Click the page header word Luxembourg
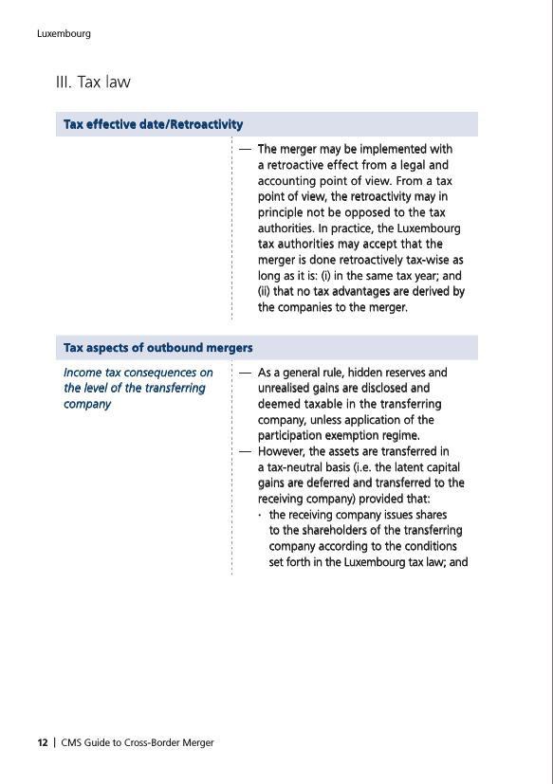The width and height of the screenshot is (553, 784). click(x=64, y=33)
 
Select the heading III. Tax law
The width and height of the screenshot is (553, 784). click(x=93, y=82)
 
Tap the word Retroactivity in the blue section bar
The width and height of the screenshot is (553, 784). click(x=204, y=124)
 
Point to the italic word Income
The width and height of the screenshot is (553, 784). click(x=83, y=373)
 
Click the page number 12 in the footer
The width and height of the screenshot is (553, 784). click(x=43, y=742)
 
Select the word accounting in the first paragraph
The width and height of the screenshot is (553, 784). click(x=286, y=180)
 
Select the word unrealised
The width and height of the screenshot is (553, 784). click(x=290, y=388)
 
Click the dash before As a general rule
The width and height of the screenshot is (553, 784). click(x=245, y=373)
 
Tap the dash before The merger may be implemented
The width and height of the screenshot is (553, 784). click(x=245, y=149)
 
